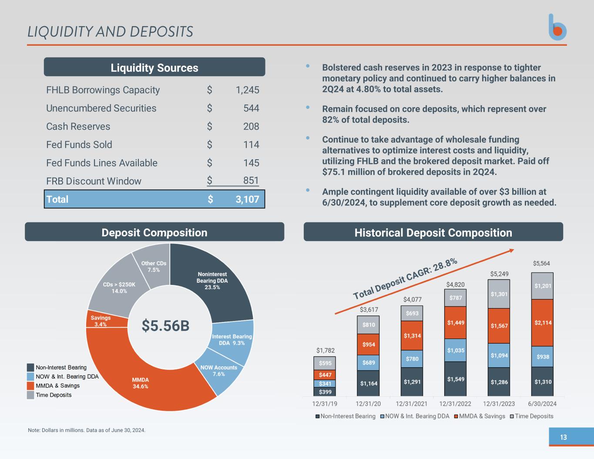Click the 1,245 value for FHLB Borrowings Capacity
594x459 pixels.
coord(247,90)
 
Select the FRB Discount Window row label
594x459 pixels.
coord(94,181)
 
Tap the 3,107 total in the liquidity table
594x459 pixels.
coord(247,199)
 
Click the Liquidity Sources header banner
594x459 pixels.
coord(154,67)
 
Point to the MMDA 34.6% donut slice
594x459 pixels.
coord(140,383)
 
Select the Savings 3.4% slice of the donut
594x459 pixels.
coord(101,321)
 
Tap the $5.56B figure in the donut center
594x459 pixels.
coord(165,325)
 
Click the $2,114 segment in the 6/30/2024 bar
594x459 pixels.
coord(543,323)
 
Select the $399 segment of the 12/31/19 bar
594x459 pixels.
coord(325,392)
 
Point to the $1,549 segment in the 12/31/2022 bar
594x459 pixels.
coord(456,379)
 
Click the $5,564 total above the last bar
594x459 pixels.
coord(541,263)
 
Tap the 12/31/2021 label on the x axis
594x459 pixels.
coord(412,404)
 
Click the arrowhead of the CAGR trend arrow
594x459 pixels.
coord(512,250)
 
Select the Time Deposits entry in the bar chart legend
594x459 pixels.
coord(534,416)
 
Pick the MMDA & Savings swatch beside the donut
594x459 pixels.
coord(30,386)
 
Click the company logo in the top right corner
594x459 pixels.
coord(557,28)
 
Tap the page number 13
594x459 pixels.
coord(564,437)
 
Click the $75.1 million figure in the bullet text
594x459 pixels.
coord(350,172)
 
